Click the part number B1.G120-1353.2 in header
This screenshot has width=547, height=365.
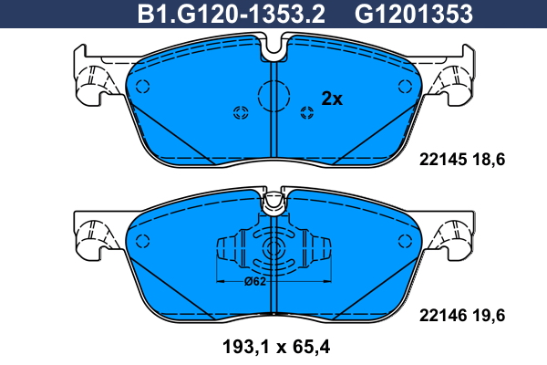pos(231,14)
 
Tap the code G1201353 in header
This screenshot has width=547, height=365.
pos(414,14)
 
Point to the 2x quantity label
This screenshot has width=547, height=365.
pos(332,99)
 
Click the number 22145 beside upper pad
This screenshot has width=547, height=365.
pos(443,160)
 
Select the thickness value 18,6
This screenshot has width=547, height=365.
pos(489,160)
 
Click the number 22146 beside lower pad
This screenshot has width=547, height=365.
pos(443,316)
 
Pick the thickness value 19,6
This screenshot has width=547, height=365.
pos(489,316)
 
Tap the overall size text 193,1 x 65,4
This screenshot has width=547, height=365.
pos(276,347)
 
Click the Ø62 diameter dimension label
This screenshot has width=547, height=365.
pos(255,281)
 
